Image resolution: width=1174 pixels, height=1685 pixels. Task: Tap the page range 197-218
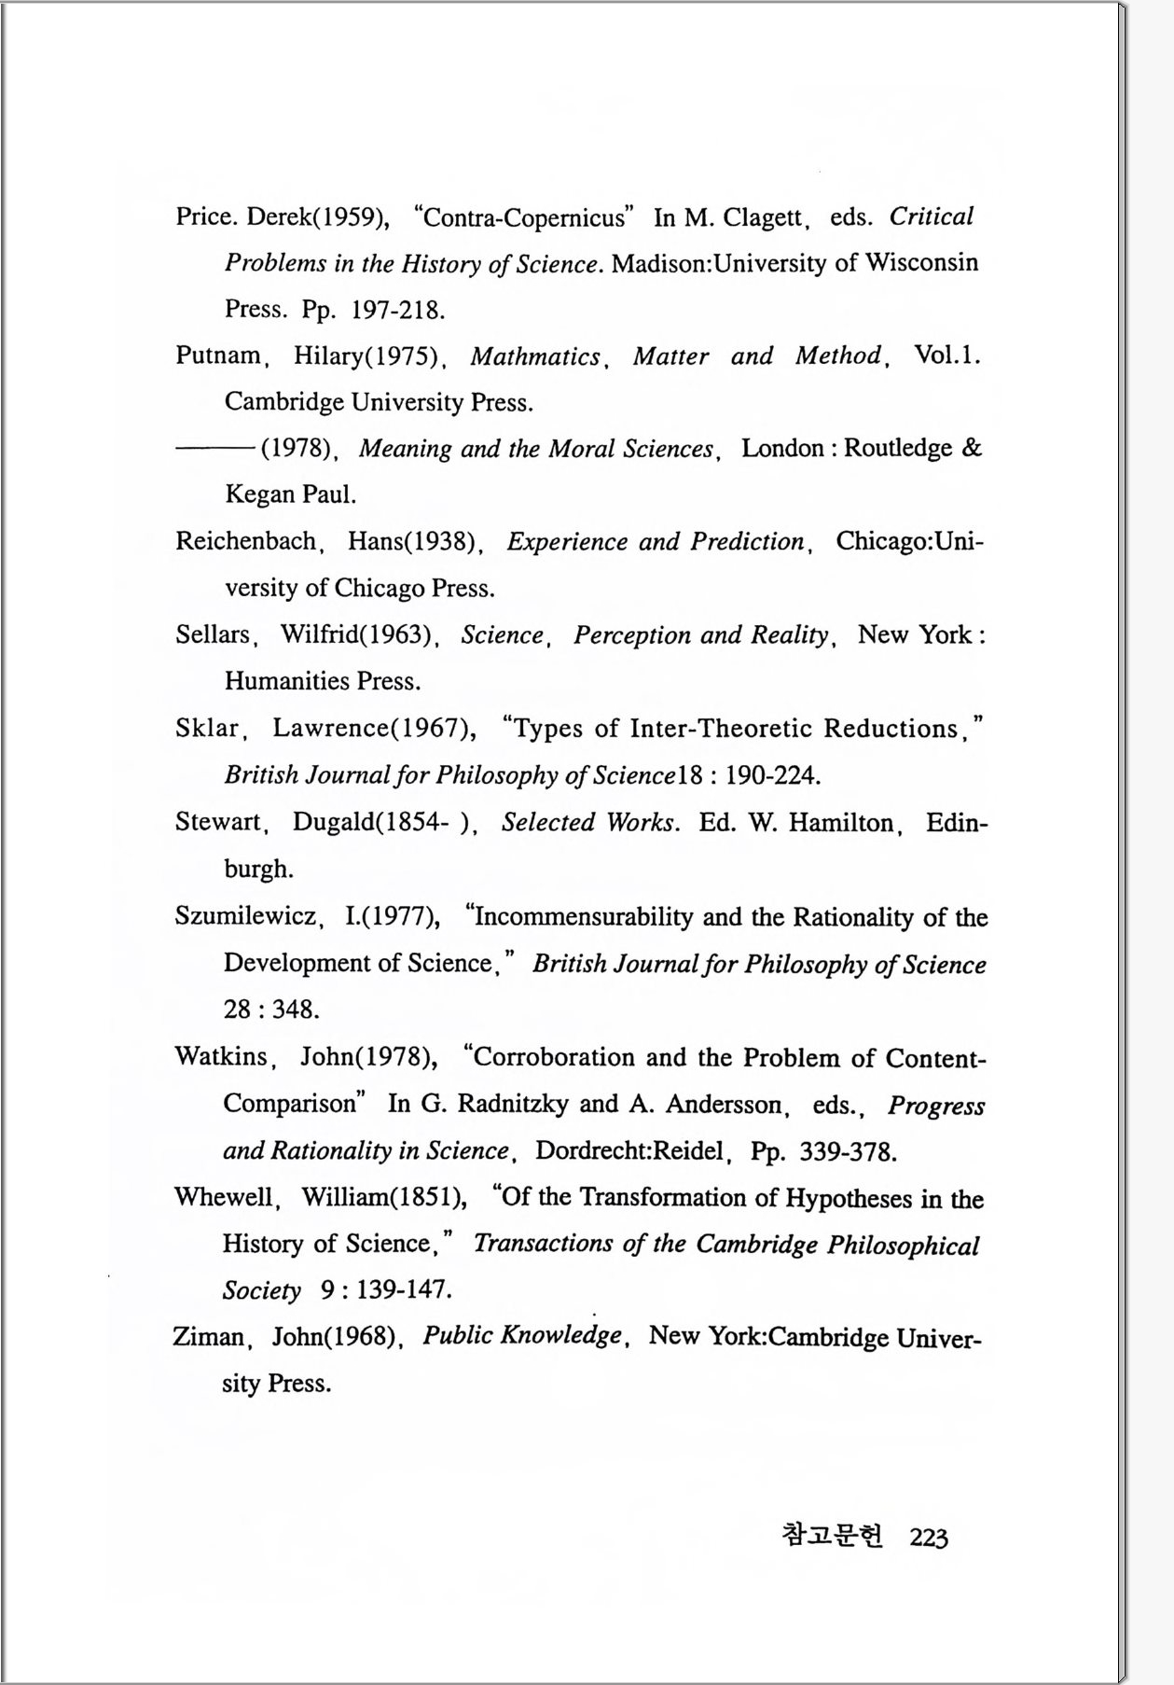(x=397, y=310)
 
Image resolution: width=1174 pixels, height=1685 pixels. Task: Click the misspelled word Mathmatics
(x=535, y=356)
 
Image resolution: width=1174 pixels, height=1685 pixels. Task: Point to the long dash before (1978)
(x=214, y=449)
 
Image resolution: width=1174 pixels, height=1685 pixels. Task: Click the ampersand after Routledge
(x=971, y=448)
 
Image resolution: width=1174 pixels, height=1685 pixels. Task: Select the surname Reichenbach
(x=245, y=541)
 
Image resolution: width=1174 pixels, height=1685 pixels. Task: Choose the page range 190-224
(x=773, y=775)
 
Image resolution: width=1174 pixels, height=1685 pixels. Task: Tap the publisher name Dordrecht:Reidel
(x=629, y=1150)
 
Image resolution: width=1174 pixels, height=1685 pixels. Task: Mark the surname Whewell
(x=225, y=1197)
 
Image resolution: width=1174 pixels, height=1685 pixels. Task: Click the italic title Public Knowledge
(x=522, y=1336)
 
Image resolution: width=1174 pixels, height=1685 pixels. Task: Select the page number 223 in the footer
(x=929, y=1538)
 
